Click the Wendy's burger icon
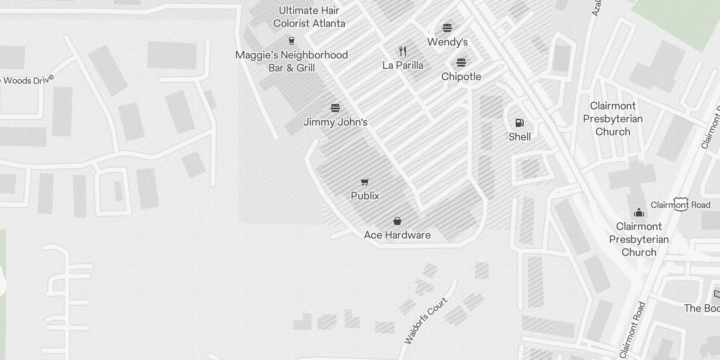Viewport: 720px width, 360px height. pyautogui.click(x=447, y=28)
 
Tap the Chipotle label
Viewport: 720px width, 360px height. pyautogui.click(x=461, y=76)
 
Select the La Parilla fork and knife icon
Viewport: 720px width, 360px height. pyautogui.click(x=403, y=51)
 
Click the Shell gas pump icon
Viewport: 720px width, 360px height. pyautogui.click(x=519, y=122)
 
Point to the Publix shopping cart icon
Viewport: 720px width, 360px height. pyautogui.click(x=365, y=182)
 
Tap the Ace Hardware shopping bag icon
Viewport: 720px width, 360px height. pyautogui.click(x=397, y=221)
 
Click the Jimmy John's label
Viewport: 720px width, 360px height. pyautogui.click(x=335, y=122)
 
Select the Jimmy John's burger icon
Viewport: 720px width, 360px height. pyautogui.click(x=335, y=108)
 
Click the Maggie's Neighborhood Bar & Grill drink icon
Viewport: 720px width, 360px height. pyautogui.click(x=291, y=41)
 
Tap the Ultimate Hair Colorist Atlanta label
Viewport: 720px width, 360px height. pyautogui.click(x=309, y=17)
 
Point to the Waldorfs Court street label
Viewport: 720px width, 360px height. pyautogui.click(x=426, y=320)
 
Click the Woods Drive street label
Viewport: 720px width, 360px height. pyautogui.click(x=28, y=80)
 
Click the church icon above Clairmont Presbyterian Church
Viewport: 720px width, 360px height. pyautogui.click(x=639, y=212)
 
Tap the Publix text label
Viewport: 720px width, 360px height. pyautogui.click(x=365, y=196)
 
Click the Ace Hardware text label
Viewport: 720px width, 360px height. pyautogui.click(x=397, y=235)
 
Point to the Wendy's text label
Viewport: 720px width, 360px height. pyautogui.click(x=447, y=42)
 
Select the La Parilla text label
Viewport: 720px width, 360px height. pyautogui.click(x=403, y=65)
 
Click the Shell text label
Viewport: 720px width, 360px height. pyautogui.click(x=520, y=137)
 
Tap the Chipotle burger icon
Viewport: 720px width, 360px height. pyautogui.click(x=461, y=63)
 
